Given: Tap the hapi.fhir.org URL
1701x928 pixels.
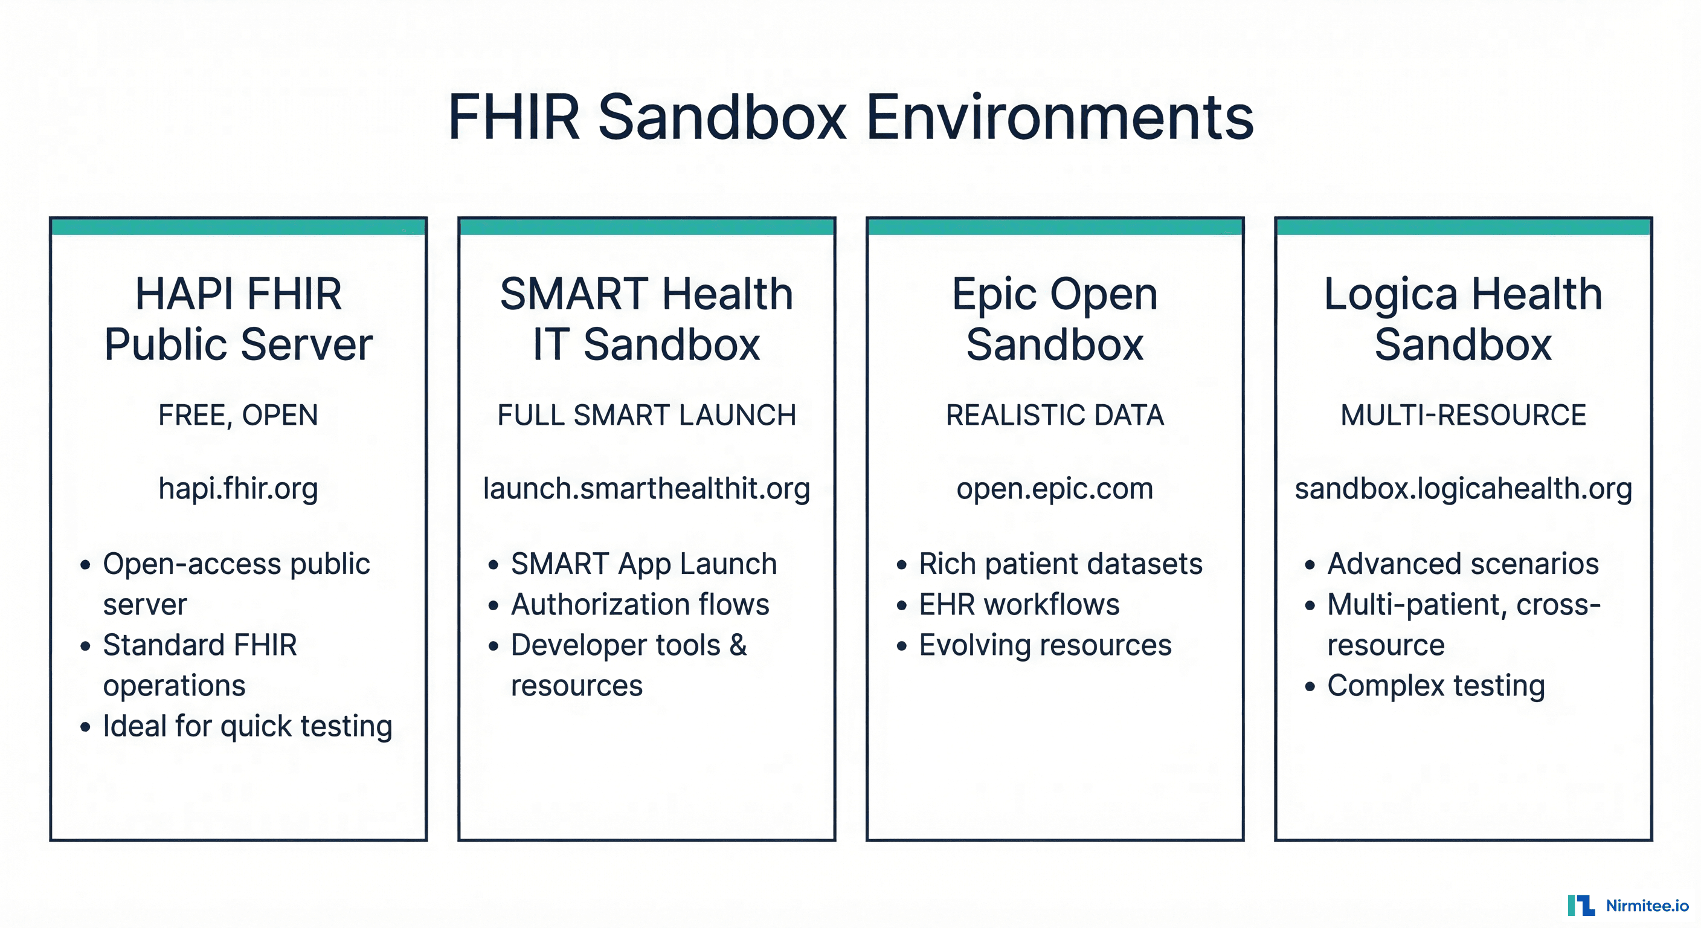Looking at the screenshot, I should point(239,489).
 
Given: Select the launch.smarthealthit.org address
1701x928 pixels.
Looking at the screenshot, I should point(646,489).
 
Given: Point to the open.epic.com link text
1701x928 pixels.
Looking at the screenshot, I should point(1055,489).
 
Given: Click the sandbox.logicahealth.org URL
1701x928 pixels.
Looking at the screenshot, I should point(1463,489).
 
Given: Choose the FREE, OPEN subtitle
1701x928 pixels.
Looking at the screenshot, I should point(239,416).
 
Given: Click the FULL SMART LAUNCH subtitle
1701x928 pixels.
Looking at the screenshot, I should point(646,416).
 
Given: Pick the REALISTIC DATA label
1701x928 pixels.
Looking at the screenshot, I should point(1055,416).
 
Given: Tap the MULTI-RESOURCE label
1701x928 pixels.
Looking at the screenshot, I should point(1463,416).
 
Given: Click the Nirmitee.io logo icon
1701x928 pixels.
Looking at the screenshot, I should point(1581,905).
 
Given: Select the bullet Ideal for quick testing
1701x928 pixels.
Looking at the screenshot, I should point(248,726).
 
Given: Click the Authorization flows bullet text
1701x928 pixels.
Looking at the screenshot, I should point(640,604).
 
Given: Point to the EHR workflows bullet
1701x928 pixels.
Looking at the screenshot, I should point(1019,604).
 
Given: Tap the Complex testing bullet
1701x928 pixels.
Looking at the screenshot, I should point(1436,686).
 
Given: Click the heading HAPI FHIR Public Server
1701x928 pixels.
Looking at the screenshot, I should point(239,319).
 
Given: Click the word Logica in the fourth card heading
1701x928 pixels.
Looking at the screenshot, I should point(1390,295).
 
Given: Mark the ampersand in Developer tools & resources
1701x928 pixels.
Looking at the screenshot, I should point(738,645).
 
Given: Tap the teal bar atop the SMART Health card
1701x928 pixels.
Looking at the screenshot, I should point(646,227).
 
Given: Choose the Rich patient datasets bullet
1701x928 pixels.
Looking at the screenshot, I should point(1061,564).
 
